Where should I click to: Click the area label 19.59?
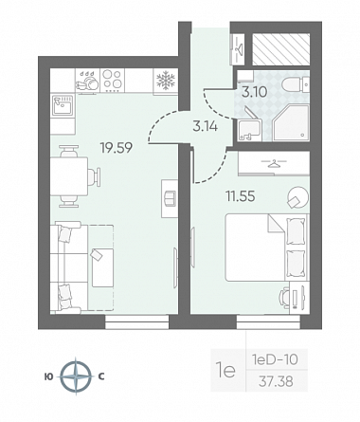pos(116,148)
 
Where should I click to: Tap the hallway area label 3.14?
pos(206,127)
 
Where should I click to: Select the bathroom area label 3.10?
pos(255,92)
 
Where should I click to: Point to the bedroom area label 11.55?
pos(240,196)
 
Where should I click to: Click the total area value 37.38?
pos(276,382)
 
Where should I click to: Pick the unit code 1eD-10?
pos(275,359)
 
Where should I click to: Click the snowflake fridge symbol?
pos(166,80)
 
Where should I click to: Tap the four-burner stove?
pos(113,81)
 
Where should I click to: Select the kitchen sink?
pos(63,105)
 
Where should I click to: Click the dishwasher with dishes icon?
pos(87,82)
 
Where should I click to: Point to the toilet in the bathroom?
pos(295,83)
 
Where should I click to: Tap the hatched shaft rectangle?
pos(280,49)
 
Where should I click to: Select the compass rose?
pos(76,376)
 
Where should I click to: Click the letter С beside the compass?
pos(101,376)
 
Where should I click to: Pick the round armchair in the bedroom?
pos(297,197)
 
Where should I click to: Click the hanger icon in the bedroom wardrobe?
pos(274,163)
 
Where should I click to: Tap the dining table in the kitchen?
pos(69,176)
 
